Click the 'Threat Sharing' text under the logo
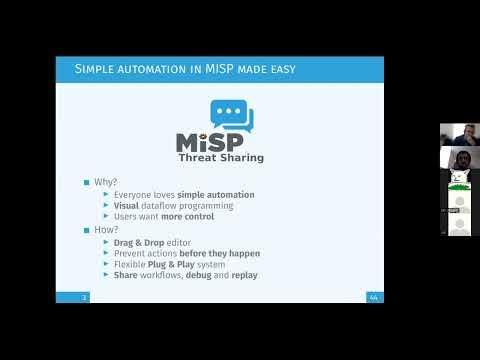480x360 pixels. pyautogui.click(x=221, y=157)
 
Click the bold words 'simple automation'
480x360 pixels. pyautogui.click(x=216, y=194)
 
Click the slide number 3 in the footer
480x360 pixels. pyautogui.click(x=85, y=297)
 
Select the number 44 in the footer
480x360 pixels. pyautogui.click(x=373, y=297)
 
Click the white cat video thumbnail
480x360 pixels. pyautogui.click(x=460, y=179)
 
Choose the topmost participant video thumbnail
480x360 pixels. pyautogui.click(x=460, y=134)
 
